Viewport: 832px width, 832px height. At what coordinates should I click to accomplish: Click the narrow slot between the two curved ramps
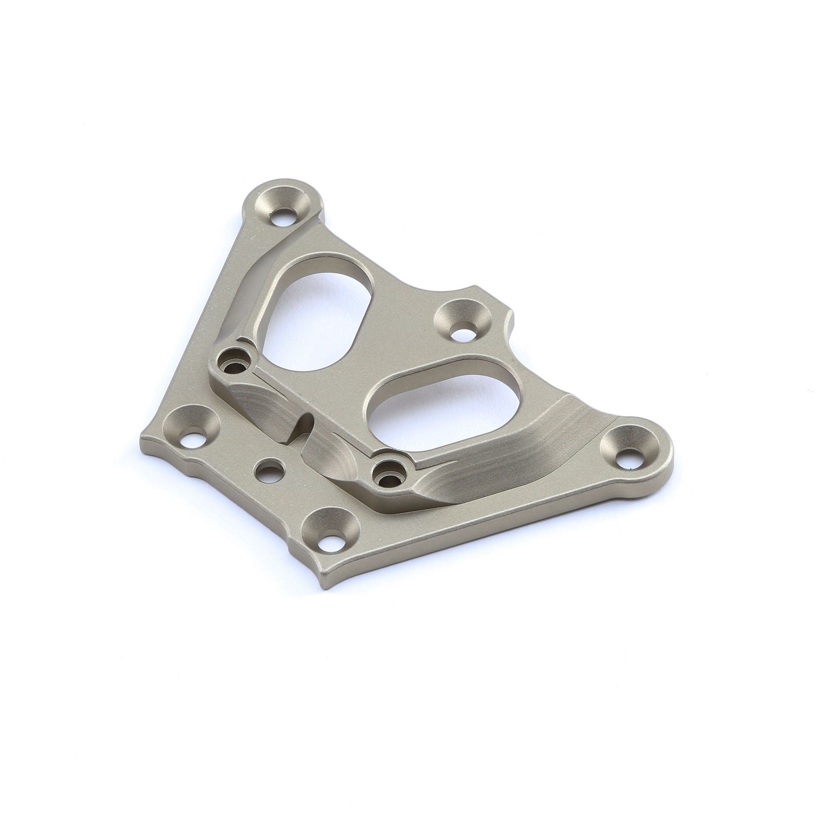point(304,426)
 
